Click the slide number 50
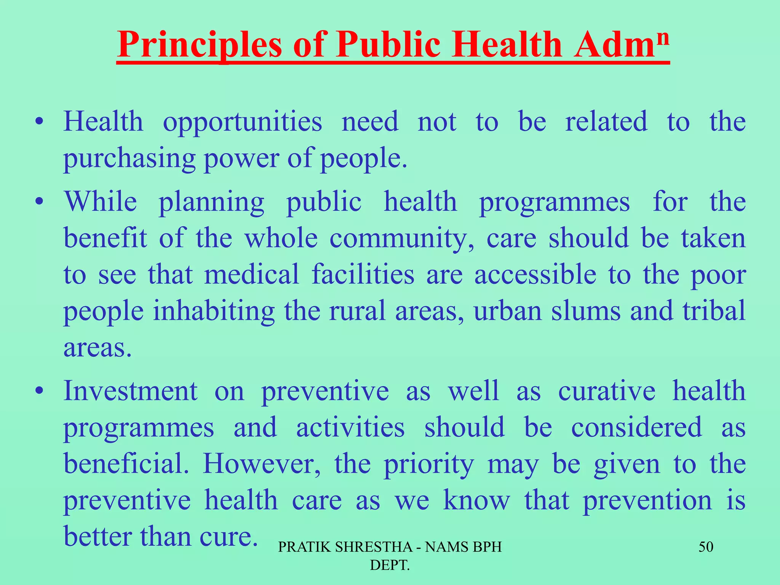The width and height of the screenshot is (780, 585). click(705, 547)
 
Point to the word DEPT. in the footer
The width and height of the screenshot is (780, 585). click(390, 565)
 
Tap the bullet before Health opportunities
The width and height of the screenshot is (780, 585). click(39, 123)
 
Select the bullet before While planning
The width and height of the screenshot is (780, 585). click(39, 202)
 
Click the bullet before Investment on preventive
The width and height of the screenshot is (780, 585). click(39, 391)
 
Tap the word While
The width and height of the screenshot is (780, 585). click(101, 201)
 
